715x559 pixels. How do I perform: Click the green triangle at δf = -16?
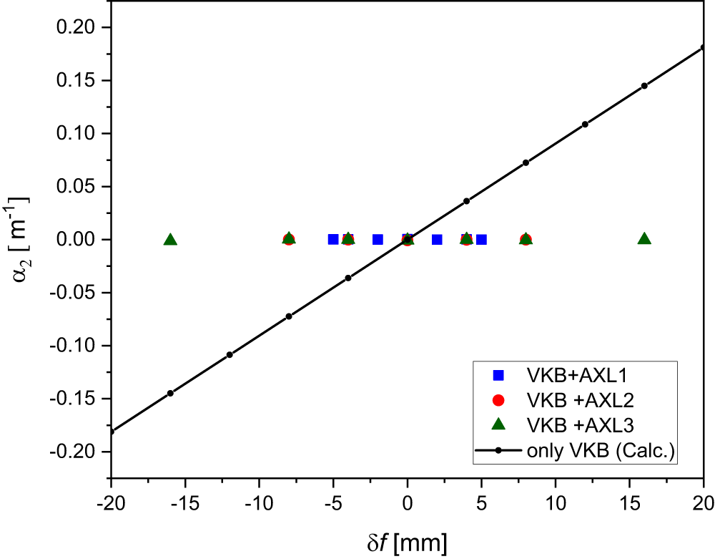[x=170, y=239]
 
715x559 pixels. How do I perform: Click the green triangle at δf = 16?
[x=644, y=239]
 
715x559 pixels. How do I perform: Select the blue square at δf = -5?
[x=333, y=239]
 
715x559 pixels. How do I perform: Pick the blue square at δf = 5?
[x=481, y=239]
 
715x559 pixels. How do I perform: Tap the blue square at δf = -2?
[x=378, y=239]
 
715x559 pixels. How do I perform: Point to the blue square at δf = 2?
[x=437, y=239]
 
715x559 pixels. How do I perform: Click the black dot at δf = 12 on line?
[x=585, y=124]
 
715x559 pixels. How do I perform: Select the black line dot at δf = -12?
[x=230, y=354]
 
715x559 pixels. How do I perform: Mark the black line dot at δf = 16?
[x=644, y=86]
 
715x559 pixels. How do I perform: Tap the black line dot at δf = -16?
[x=170, y=393]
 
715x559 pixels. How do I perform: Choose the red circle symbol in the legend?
[x=499, y=399]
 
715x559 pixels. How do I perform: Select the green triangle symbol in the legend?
[x=499, y=424]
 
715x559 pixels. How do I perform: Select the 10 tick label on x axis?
[x=556, y=502]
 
